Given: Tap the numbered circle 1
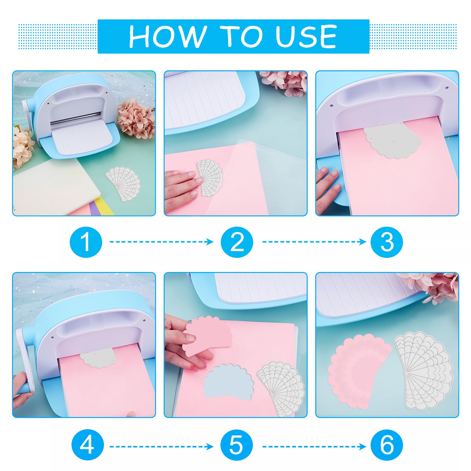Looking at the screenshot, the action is tap(86, 242).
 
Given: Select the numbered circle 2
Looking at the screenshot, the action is tap(237, 242).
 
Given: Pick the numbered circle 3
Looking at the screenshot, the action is tap(387, 242).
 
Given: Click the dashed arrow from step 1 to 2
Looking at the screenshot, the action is tap(162, 242).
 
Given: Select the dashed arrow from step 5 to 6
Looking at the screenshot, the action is tap(314, 447).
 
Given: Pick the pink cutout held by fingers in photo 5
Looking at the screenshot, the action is tap(207, 336).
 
